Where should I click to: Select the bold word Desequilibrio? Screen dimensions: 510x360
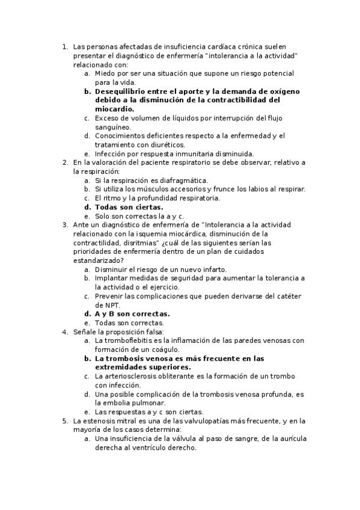click(122, 91)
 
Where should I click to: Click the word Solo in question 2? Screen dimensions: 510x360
click(103, 216)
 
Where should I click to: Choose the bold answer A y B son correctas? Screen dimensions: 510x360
click(132, 314)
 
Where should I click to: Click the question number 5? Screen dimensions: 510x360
click(65, 421)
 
